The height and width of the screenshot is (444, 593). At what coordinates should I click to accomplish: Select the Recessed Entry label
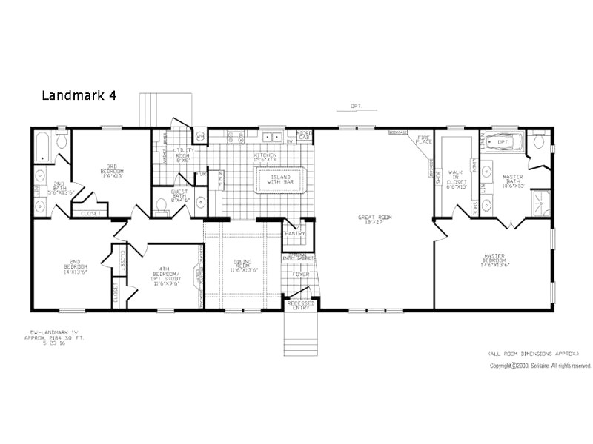pyautogui.click(x=301, y=305)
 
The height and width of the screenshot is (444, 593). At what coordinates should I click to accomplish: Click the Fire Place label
pyautogui.click(x=423, y=139)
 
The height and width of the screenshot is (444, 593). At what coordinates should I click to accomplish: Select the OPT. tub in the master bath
pyautogui.click(x=503, y=141)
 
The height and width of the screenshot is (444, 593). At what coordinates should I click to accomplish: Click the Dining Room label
pyautogui.click(x=245, y=264)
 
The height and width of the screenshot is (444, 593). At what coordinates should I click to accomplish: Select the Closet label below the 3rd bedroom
pyautogui.click(x=91, y=214)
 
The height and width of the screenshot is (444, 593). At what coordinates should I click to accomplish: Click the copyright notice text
pyautogui.click(x=540, y=366)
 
